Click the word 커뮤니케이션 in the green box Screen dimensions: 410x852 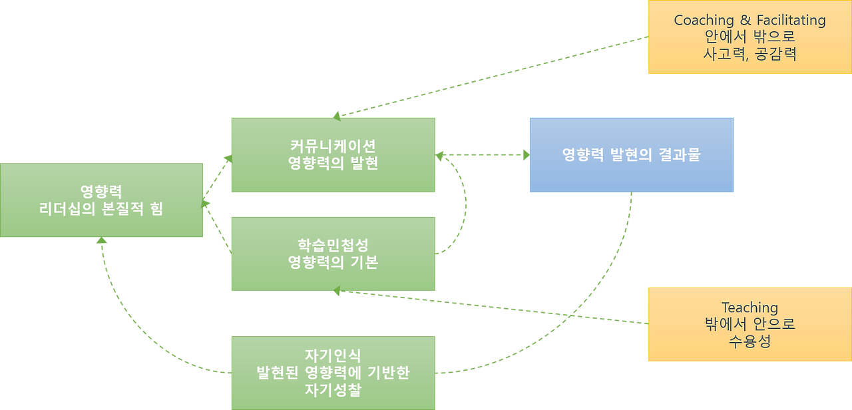click(x=333, y=146)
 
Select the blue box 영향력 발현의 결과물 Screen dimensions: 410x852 click(x=631, y=155)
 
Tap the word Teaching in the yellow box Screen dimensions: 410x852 click(x=749, y=307)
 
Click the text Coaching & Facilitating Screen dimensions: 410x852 click(x=749, y=20)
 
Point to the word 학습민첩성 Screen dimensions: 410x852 click(x=333, y=244)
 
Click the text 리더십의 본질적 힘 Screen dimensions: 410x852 click(x=101, y=208)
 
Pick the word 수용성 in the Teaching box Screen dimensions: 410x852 click(x=749, y=342)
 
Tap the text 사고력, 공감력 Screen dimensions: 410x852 click(x=749, y=55)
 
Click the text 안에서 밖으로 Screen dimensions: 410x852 click(x=749, y=37)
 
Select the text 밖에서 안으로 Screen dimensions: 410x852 click(x=749, y=325)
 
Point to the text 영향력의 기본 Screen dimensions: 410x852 click(x=333, y=262)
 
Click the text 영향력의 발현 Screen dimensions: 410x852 click(x=333, y=163)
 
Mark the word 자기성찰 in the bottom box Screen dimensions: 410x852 click(x=333, y=390)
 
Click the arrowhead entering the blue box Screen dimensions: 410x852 click(x=525, y=155)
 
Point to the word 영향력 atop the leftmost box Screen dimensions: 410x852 click(x=101, y=191)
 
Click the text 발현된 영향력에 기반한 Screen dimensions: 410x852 click(x=333, y=373)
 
